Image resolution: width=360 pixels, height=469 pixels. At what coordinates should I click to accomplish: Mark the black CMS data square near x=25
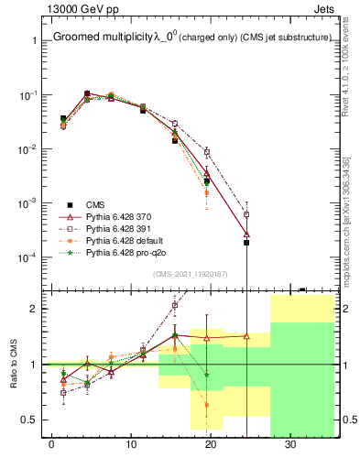point(246,243)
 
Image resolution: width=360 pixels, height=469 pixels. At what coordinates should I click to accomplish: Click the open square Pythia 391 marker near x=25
point(246,214)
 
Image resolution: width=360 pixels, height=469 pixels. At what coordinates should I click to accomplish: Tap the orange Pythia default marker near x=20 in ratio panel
point(207,404)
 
